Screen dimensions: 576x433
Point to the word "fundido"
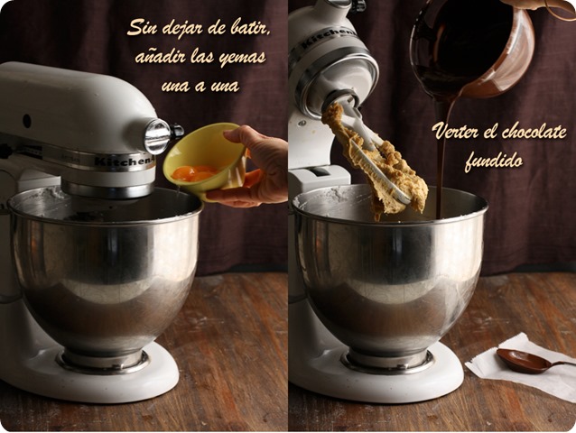click(494, 161)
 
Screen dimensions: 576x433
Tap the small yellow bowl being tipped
click(204, 161)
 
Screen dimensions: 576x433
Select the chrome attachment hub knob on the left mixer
click(159, 136)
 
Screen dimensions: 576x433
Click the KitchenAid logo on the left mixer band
click(125, 161)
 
